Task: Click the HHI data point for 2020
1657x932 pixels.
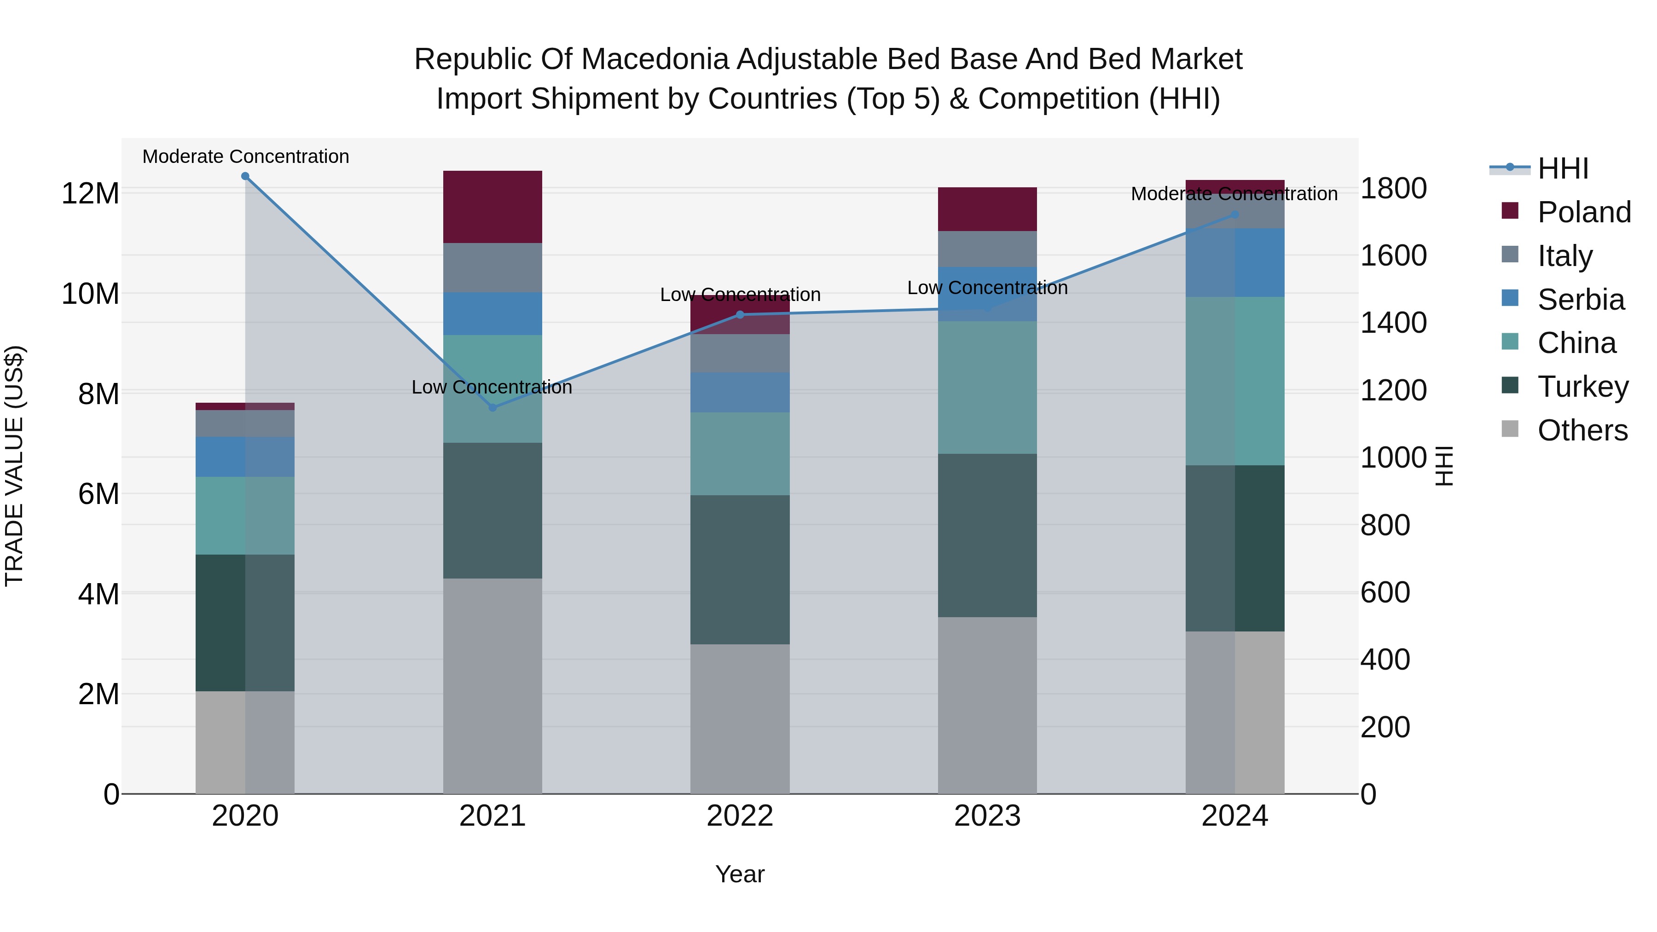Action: [x=245, y=176]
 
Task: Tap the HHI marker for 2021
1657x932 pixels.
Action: [x=492, y=407]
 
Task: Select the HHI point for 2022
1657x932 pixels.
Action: [x=740, y=314]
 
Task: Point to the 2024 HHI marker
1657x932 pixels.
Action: [x=1234, y=215]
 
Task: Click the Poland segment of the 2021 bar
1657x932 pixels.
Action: [x=492, y=207]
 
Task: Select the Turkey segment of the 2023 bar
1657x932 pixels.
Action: [x=987, y=535]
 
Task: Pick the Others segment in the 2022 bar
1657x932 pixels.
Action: [x=740, y=718]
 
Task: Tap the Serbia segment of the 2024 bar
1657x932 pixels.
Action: [x=1234, y=262]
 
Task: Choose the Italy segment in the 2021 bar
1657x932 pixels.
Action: [x=492, y=267]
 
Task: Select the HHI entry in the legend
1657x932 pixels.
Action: [x=1563, y=168]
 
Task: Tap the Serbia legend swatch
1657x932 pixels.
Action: [x=1510, y=298]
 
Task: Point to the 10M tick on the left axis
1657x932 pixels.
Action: [x=90, y=294]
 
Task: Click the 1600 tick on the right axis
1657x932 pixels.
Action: [x=1393, y=255]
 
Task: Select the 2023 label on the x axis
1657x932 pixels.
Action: [x=987, y=816]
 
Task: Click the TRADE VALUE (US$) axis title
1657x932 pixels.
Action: [x=14, y=466]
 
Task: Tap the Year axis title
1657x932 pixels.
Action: [x=740, y=874]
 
